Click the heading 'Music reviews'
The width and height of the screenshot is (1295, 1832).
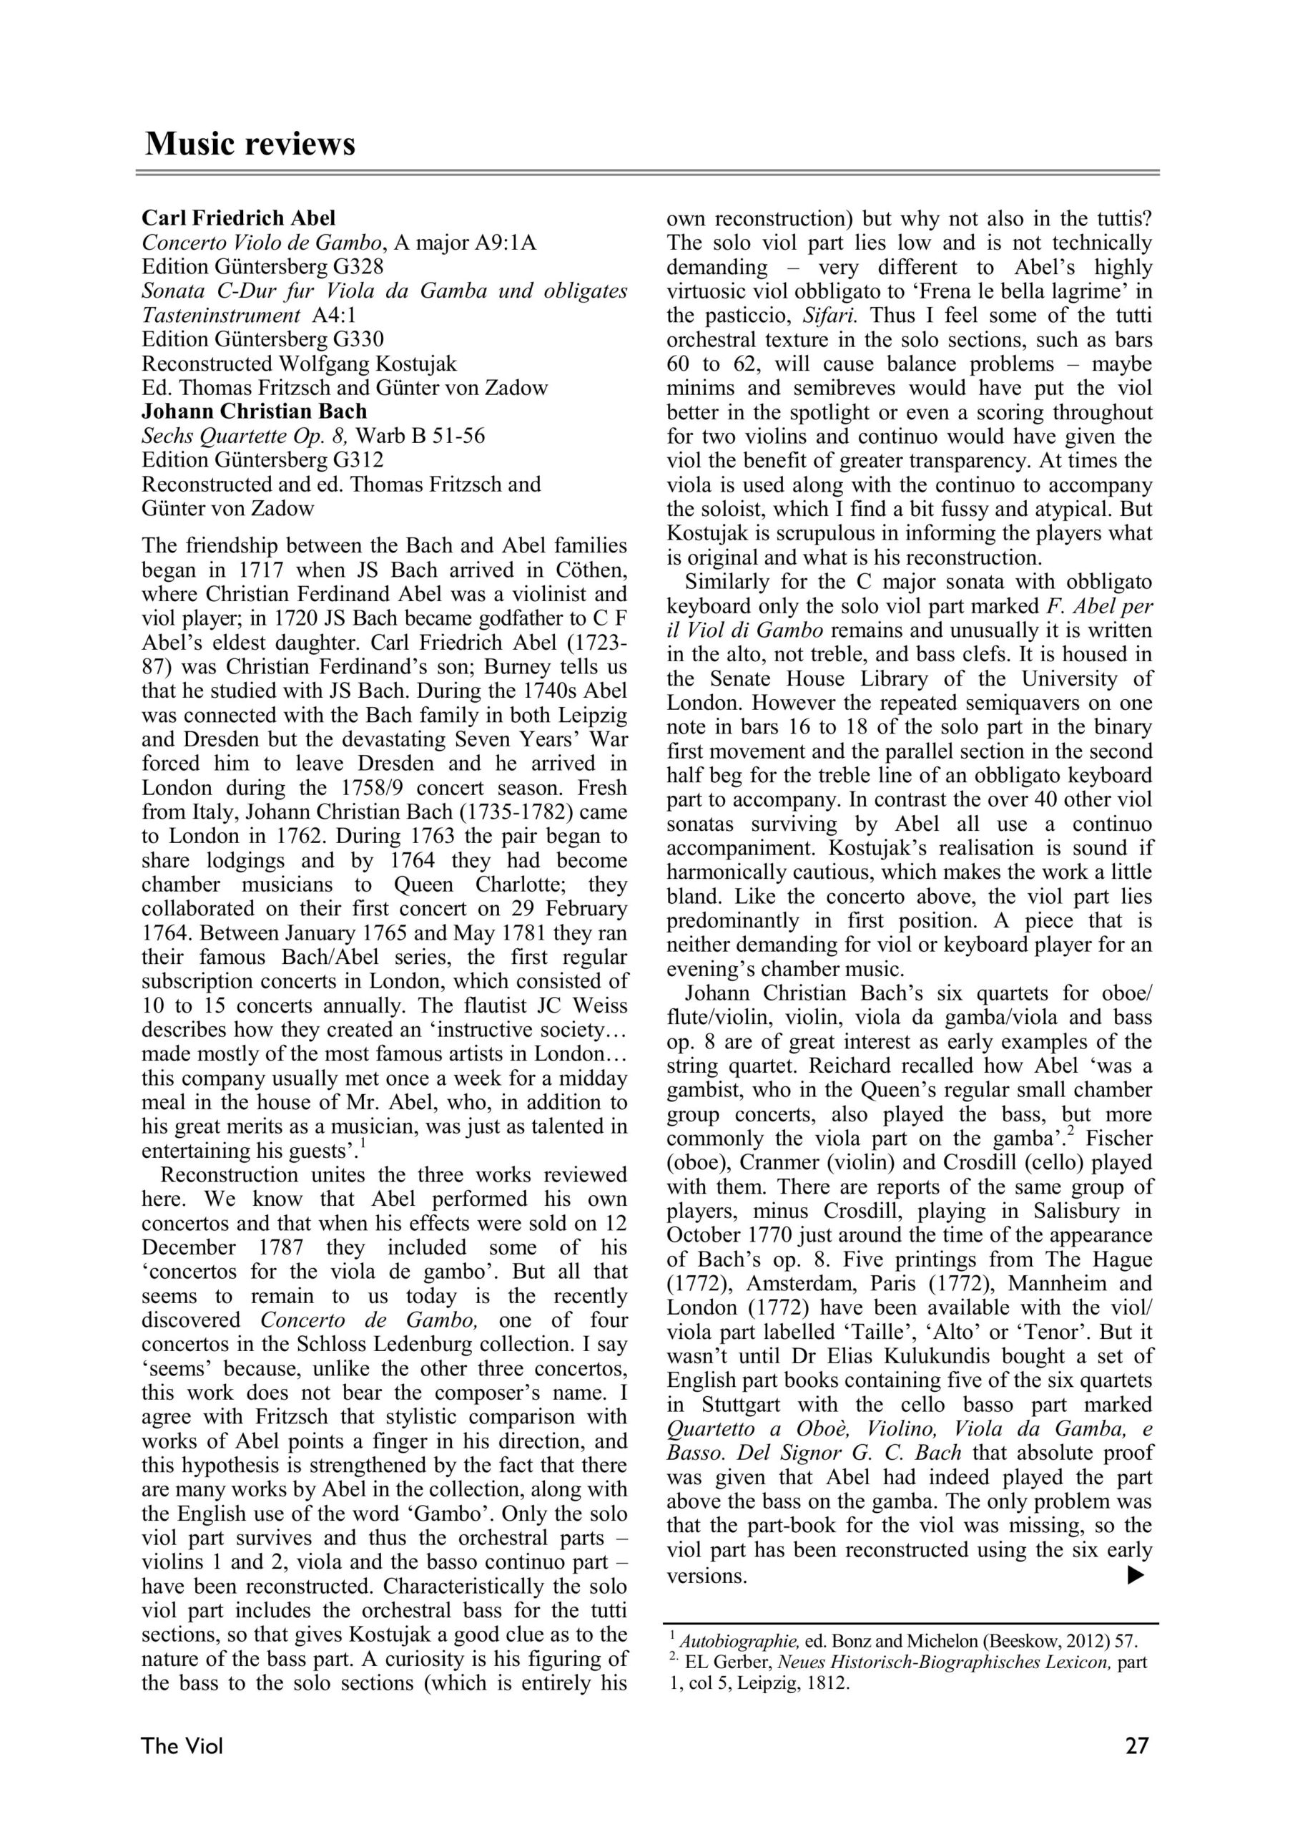(x=250, y=145)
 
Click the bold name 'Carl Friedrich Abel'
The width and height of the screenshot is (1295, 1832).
(x=238, y=218)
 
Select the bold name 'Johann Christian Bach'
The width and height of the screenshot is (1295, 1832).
(x=255, y=411)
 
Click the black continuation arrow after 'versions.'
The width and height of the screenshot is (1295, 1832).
(x=1136, y=1575)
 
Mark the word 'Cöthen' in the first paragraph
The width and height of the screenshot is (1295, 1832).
(x=584, y=570)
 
